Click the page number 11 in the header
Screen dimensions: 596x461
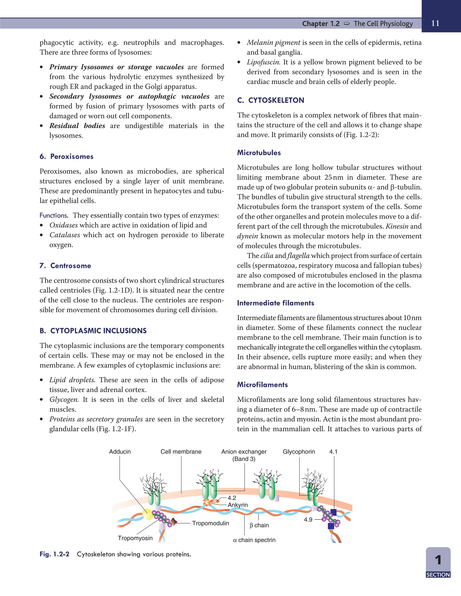pos(435,23)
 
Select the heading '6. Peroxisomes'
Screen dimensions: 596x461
pos(66,156)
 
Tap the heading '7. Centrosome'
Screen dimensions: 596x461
pos(65,266)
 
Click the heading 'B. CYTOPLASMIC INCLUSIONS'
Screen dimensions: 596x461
pos(93,331)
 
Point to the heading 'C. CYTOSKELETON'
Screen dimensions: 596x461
pos(270,100)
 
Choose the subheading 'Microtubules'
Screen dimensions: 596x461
pos(259,152)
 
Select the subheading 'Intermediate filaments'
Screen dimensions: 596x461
pos(275,303)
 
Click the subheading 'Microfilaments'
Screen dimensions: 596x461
pos(262,385)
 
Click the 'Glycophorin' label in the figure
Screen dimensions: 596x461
pos(299,452)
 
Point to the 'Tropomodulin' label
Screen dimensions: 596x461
pos(210,523)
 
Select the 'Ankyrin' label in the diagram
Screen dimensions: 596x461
pos(238,505)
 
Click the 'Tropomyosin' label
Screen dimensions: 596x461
pos(135,538)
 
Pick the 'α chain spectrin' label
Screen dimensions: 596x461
pos(254,540)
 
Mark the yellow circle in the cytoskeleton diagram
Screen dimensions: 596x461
pos(148,514)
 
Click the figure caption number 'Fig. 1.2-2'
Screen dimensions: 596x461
pos(54,554)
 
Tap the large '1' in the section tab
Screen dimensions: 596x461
pos(438,560)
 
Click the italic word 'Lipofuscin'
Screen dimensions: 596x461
pos(263,62)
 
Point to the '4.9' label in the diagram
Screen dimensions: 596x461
pos(308,520)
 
